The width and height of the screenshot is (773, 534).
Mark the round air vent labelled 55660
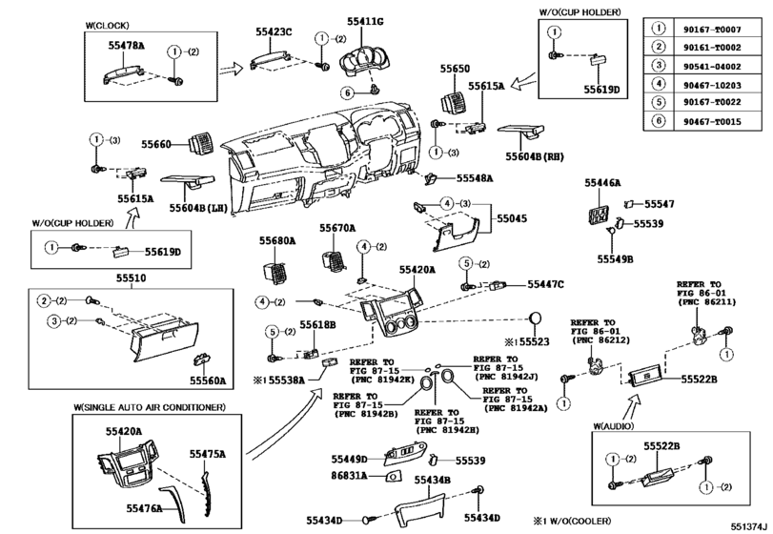tap(199, 145)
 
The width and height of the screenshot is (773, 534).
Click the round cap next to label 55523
tap(538, 318)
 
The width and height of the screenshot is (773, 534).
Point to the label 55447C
tap(546, 284)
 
